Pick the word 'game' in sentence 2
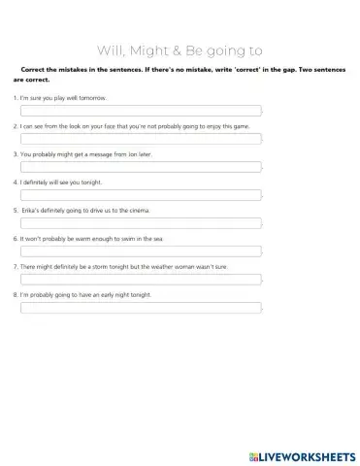tap(220, 126)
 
